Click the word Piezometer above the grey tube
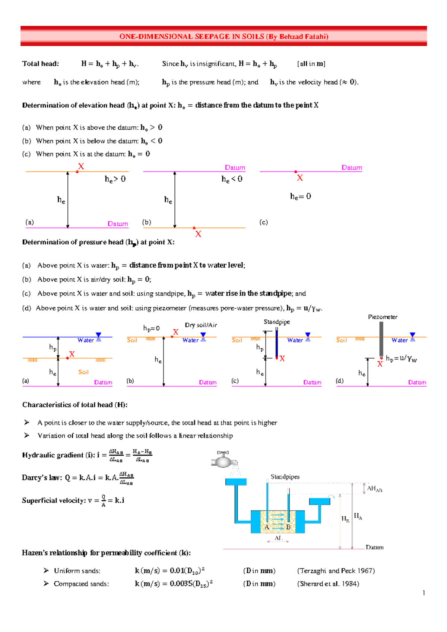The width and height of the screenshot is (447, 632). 383,317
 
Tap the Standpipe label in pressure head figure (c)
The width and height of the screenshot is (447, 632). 277,322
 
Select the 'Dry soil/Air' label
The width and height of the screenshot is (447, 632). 201,325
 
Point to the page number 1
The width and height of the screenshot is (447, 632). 424,593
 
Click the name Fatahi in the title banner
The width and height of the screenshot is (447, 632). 314,37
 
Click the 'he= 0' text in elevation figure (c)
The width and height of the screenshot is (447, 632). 300,196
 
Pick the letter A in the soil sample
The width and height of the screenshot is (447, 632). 267,527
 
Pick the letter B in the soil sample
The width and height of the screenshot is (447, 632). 288,527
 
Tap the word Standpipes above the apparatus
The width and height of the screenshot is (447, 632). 285,477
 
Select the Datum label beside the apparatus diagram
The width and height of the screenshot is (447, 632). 374,547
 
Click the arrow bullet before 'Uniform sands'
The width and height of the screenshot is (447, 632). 46,571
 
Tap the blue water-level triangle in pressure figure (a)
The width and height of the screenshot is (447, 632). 98,335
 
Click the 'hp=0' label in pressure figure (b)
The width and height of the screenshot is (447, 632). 151,328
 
